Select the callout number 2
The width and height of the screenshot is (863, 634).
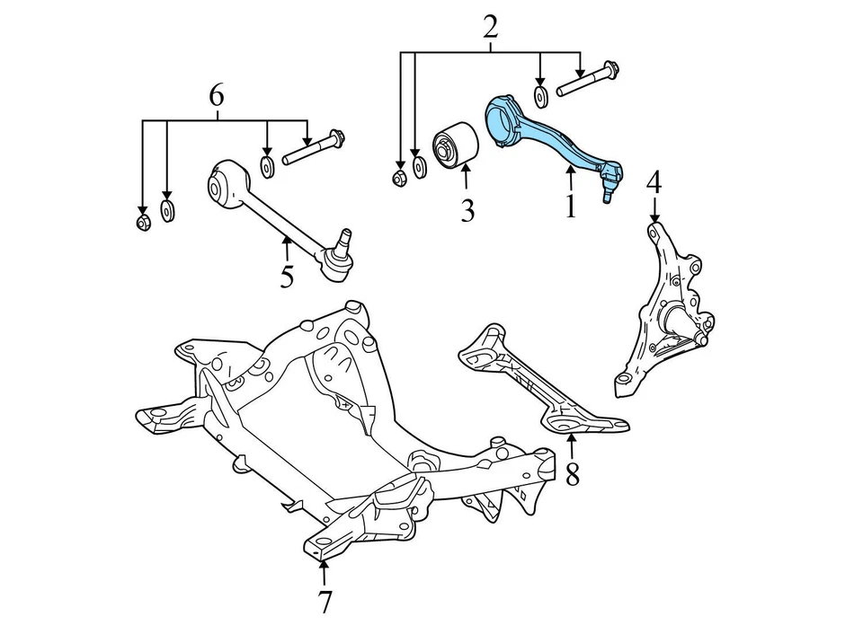[x=490, y=28]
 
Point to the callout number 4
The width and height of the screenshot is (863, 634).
[x=654, y=182]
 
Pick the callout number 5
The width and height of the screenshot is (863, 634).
[x=286, y=276]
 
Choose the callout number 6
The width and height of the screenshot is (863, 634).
[x=217, y=95]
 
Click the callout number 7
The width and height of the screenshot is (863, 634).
[x=324, y=603]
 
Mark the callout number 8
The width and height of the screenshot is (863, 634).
[x=573, y=472]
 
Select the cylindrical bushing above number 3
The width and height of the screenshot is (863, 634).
[x=456, y=146]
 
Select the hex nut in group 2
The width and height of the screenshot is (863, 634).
[x=401, y=176]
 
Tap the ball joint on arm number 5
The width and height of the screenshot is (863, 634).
[x=339, y=257]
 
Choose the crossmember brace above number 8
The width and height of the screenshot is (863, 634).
[x=539, y=382]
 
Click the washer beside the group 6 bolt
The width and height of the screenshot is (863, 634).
[x=268, y=166]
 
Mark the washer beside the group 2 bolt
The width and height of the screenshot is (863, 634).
[x=541, y=95]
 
